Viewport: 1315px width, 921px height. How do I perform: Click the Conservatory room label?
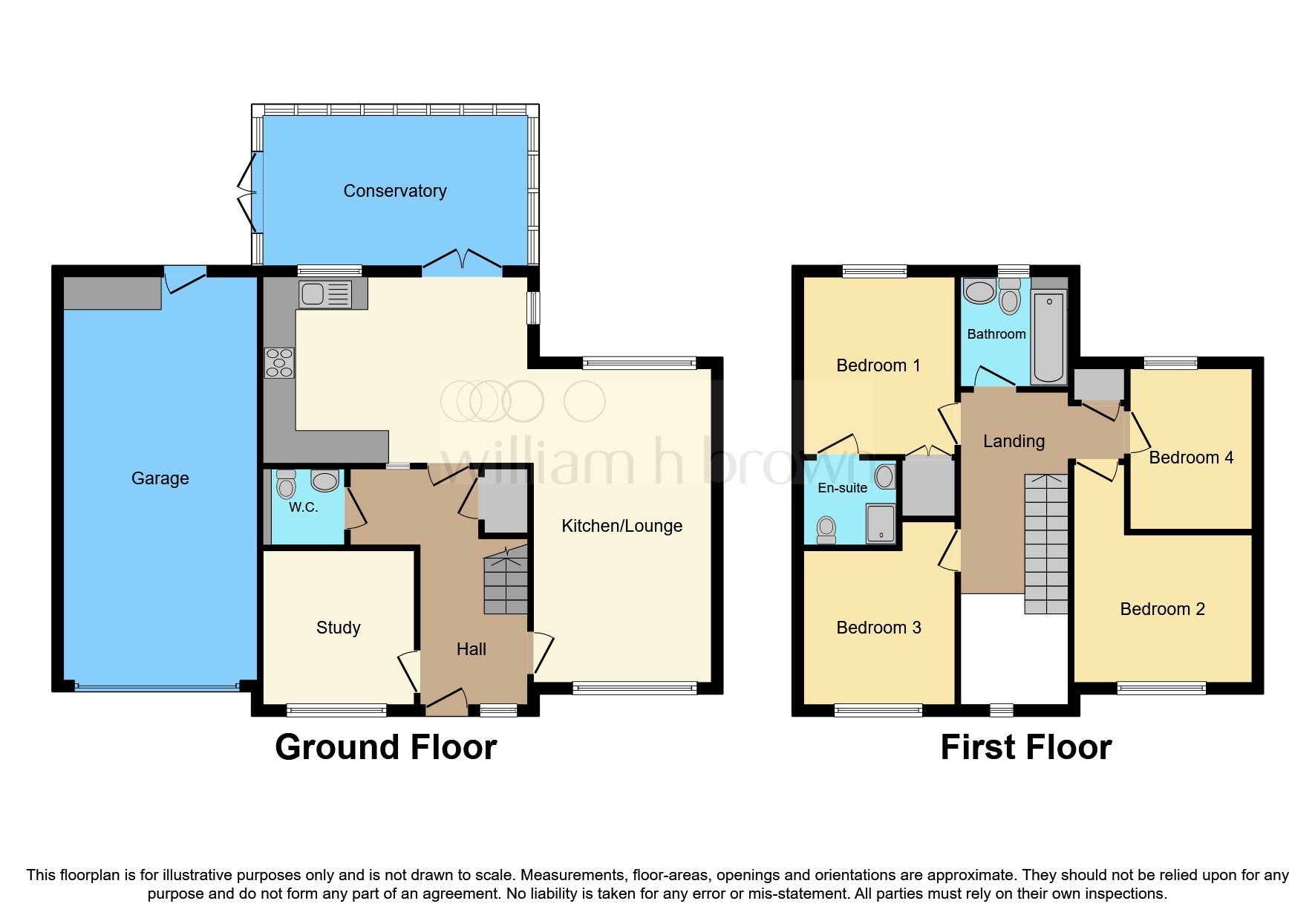coord(394,191)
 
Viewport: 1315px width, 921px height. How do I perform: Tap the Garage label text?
coord(160,478)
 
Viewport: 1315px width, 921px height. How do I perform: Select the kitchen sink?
coord(325,294)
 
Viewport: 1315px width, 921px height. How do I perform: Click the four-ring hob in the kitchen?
coord(279,362)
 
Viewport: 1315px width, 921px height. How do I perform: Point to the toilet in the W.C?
coord(285,485)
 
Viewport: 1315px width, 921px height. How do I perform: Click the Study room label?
coord(338,628)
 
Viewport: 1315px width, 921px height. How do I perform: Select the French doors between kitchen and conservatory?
coord(462,261)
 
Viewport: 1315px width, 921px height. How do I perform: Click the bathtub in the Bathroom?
coord(1048,336)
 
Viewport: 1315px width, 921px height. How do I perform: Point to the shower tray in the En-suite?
coord(881,524)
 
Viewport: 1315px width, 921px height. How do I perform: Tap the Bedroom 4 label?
coord(1191,458)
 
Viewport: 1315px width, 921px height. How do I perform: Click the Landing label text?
coord(1014,441)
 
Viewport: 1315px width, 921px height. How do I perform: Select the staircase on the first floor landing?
coord(1045,544)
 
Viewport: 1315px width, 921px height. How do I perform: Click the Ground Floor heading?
coord(385,747)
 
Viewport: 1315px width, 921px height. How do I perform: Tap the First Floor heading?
coord(1025,747)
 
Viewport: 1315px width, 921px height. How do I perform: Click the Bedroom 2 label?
coord(1162,609)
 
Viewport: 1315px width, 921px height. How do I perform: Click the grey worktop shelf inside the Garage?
coord(112,293)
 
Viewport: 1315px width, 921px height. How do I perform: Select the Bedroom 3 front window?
coord(878,711)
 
